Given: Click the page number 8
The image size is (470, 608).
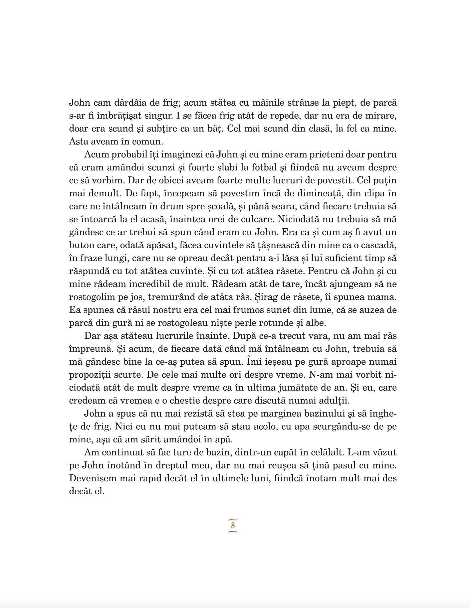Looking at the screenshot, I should click(x=233, y=525).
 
